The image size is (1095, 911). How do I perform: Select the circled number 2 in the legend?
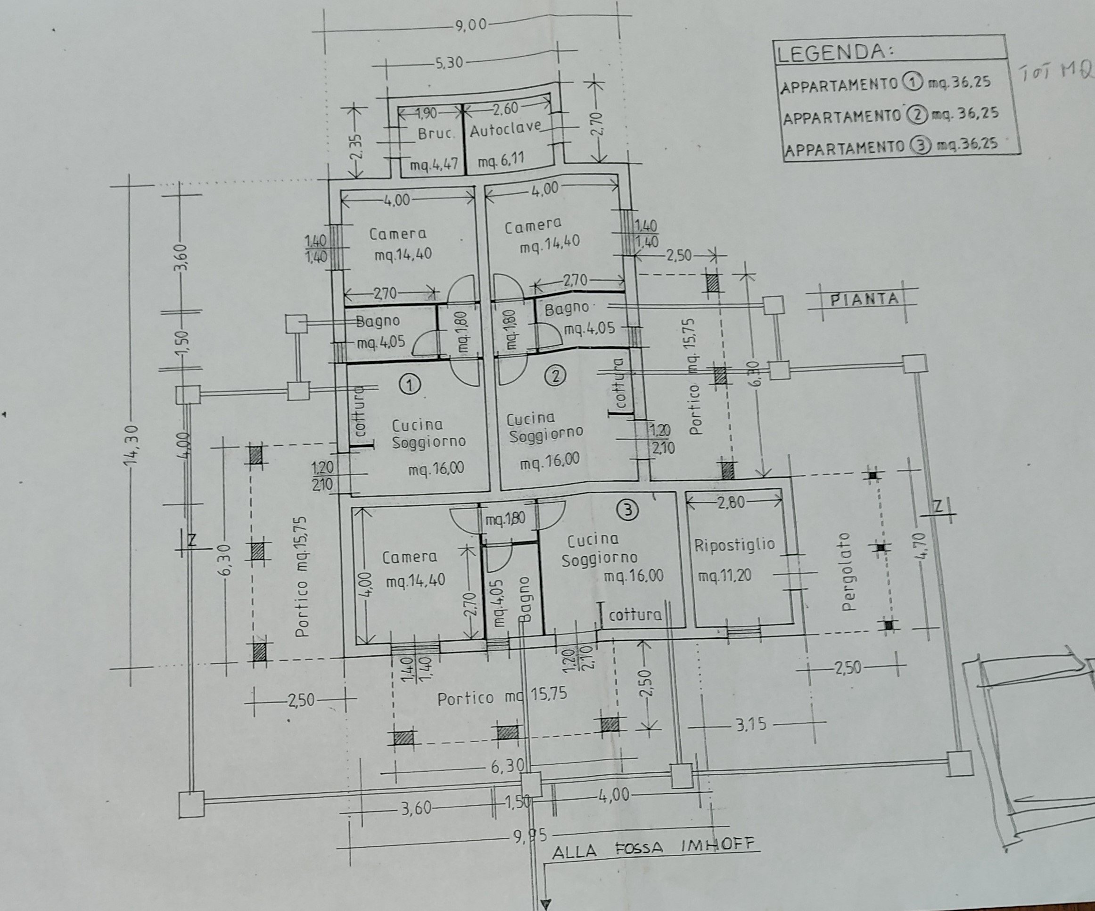915,114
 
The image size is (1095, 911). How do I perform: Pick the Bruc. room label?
436,133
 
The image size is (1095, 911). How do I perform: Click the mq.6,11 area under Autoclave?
501,161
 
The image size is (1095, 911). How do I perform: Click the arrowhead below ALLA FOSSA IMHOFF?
546,903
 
